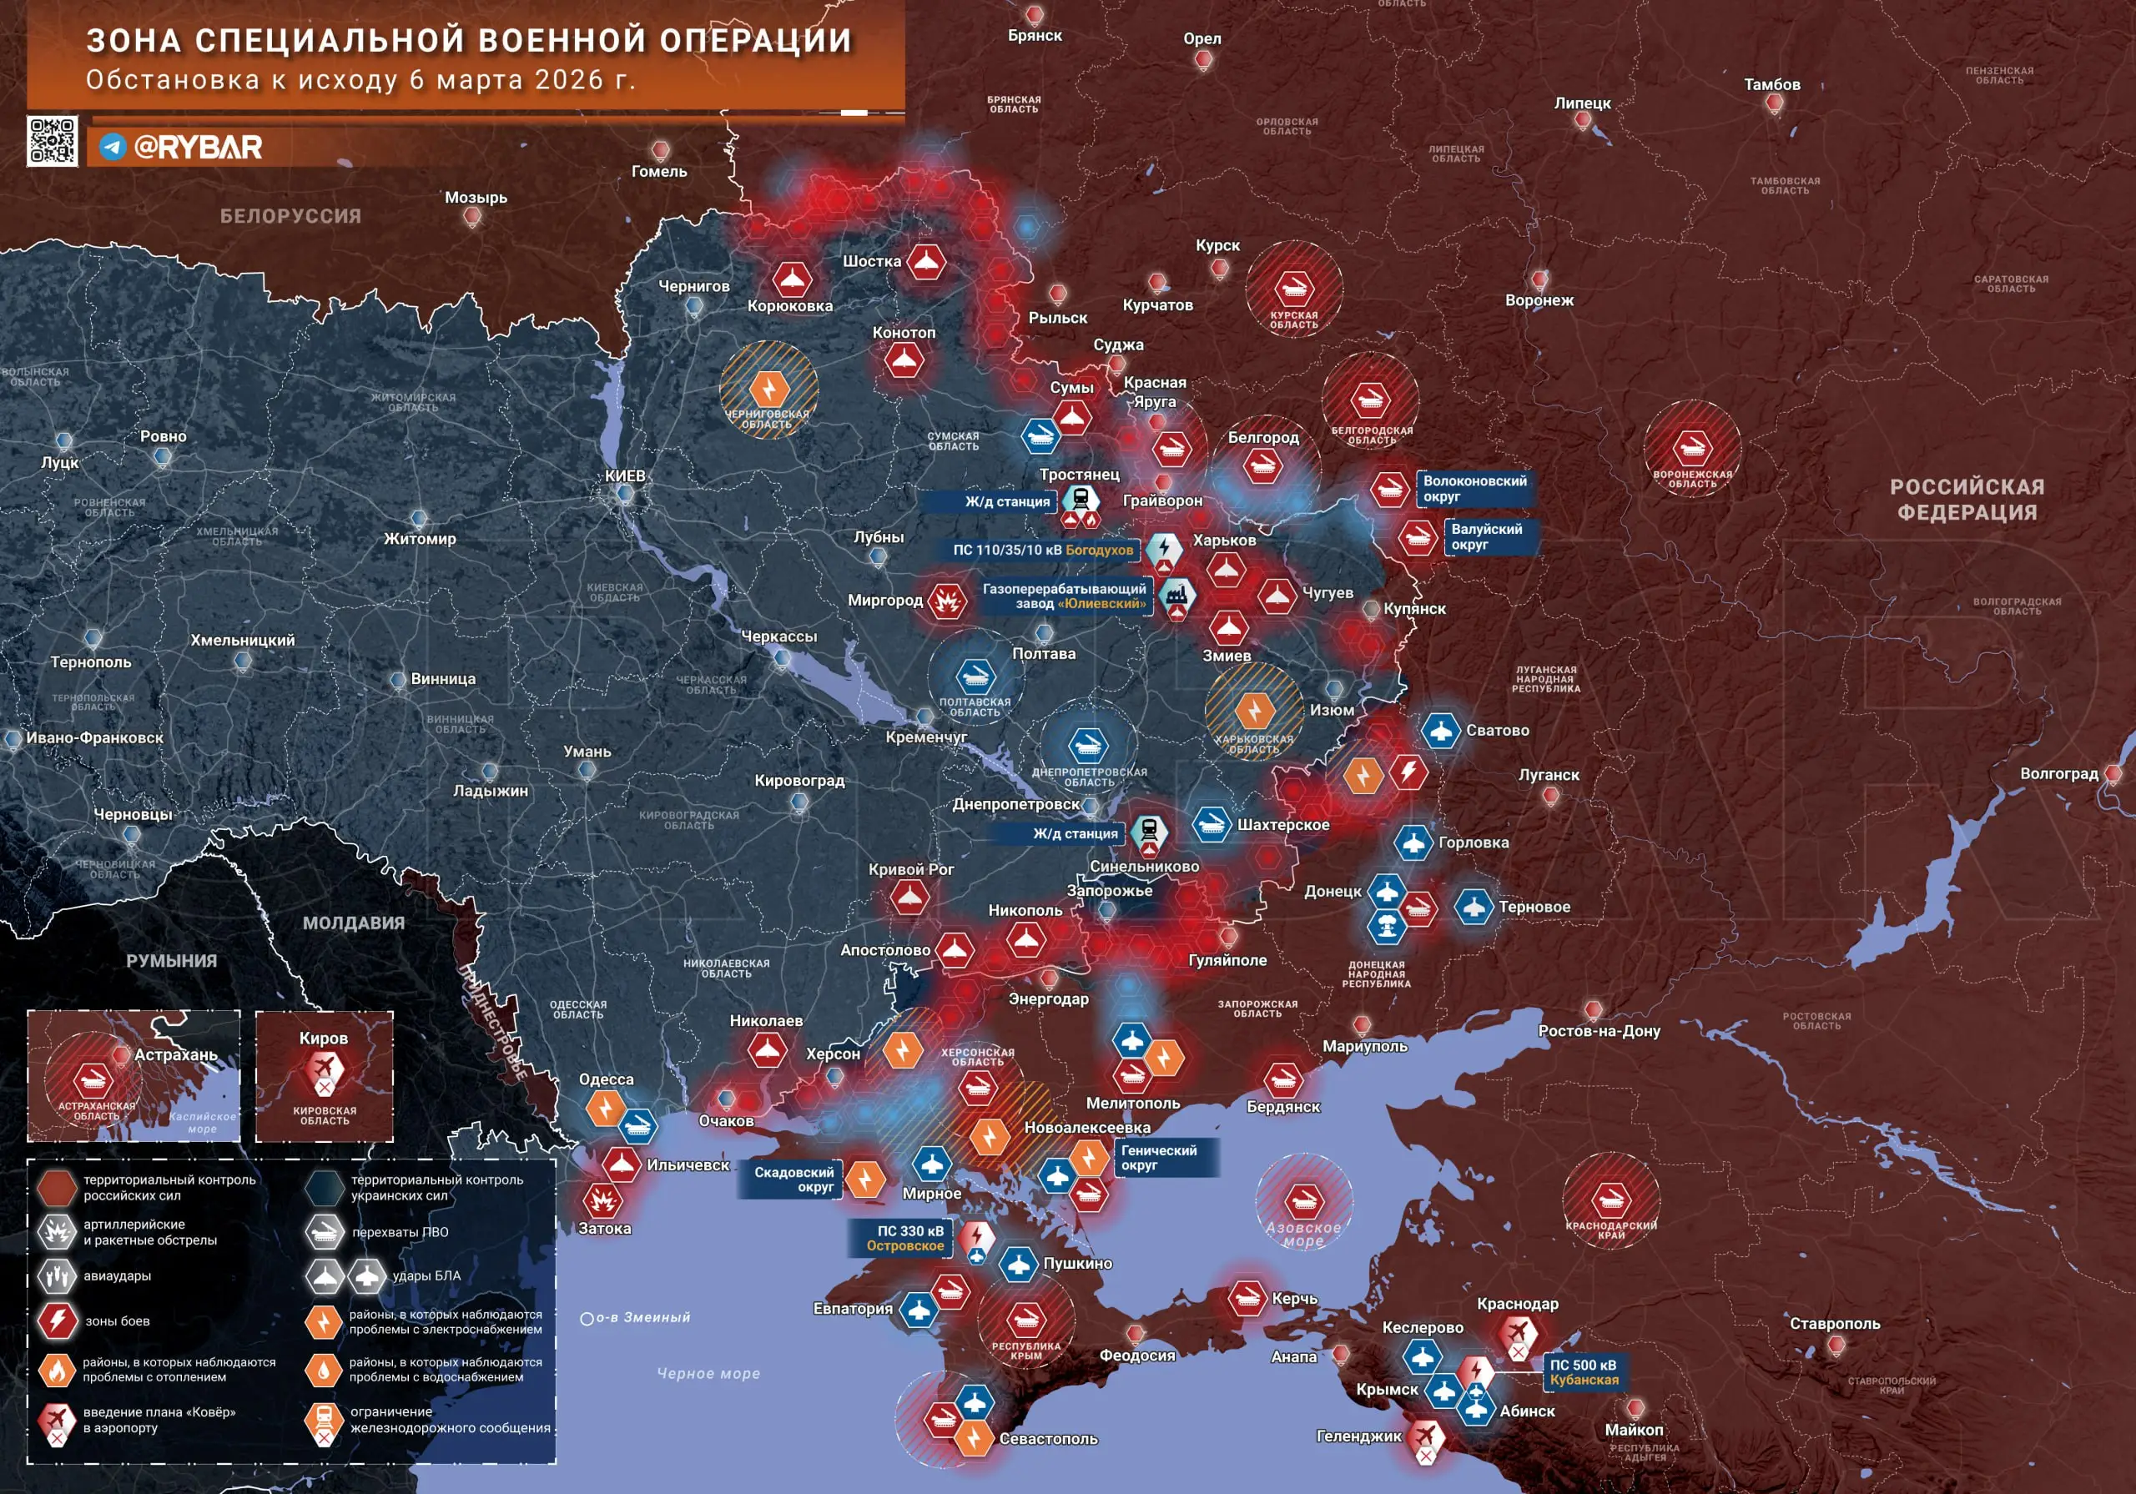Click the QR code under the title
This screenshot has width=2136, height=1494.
tap(52, 142)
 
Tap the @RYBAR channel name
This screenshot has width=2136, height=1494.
tap(197, 147)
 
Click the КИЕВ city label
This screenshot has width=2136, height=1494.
tap(624, 475)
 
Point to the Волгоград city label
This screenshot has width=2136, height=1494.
tap(2058, 774)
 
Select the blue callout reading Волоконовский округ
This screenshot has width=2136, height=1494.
tap(1474, 488)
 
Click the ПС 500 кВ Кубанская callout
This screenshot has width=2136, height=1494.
tap(1583, 1372)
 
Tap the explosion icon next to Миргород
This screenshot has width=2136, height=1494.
tap(947, 601)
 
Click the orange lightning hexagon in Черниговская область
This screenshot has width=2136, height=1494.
tap(768, 387)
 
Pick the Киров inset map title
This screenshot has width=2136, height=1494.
tap(323, 1039)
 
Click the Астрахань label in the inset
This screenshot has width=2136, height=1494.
tap(176, 1055)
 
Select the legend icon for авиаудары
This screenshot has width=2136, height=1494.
tap(57, 1276)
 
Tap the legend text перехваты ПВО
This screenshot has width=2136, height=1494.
tap(400, 1232)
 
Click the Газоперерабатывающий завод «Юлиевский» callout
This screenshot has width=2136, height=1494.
tap(1065, 596)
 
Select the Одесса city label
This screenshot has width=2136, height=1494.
tap(606, 1079)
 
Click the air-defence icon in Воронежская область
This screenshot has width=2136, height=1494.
tap(1691, 447)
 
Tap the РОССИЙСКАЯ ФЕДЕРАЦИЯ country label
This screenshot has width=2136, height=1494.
tap(1967, 500)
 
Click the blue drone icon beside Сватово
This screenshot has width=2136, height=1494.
tap(1440, 730)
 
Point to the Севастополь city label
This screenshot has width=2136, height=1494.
tap(1049, 1439)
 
